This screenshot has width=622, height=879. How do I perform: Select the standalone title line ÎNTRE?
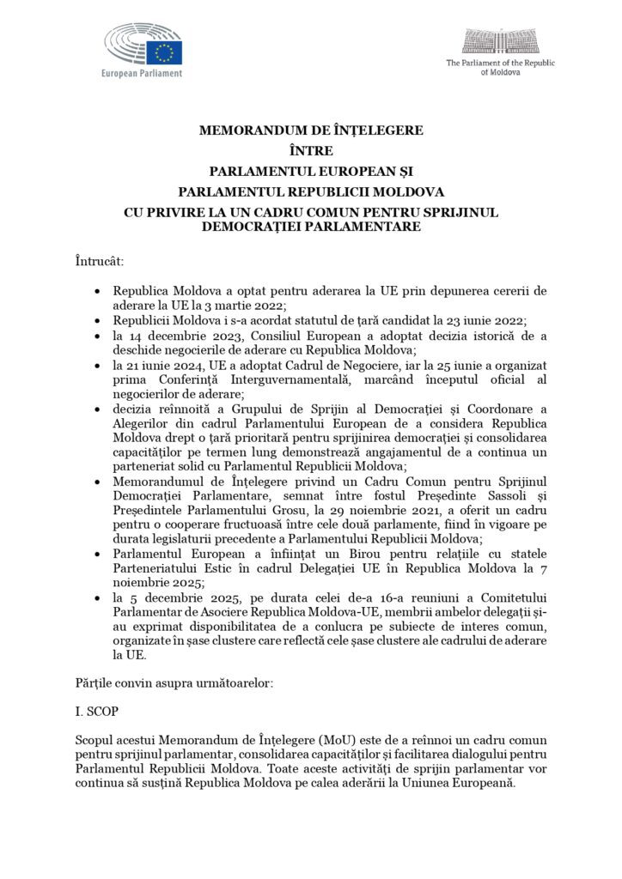click(x=310, y=151)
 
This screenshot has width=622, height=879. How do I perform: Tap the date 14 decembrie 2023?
click(x=166, y=334)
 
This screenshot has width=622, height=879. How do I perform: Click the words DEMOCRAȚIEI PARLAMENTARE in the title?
click(x=310, y=227)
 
